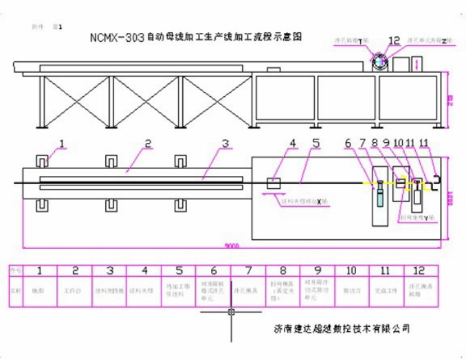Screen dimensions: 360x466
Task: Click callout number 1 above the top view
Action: pyautogui.click(x=61, y=144)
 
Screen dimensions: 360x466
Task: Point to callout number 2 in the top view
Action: pyautogui.click(x=147, y=144)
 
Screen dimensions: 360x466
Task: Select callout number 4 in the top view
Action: pyautogui.click(x=292, y=144)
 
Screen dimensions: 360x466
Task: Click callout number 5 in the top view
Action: pyautogui.click(x=315, y=144)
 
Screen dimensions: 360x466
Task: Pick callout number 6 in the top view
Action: pyautogui.click(x=348, y=144)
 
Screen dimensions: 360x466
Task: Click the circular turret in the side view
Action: pyautogui.click(x=380, y=63)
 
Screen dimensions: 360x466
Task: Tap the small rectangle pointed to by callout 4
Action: pyautogui.click(x=274, y=183)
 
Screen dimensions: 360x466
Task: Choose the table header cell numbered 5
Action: pyautogui.click(x=178, y=272)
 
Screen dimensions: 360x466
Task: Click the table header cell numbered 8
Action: pyautogui.click(x=282, y=272)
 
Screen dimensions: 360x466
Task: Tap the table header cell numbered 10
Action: pyautogui.click(x=351, y=272)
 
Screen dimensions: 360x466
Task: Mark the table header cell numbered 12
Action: pyautogui.click(x=420, y=272)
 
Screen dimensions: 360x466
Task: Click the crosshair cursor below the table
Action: pyautogui.click(x=232, y=313)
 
